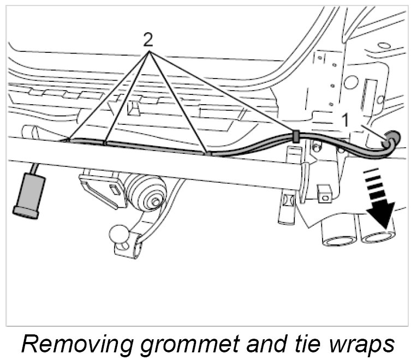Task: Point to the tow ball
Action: pyautogui.click(x=118, y=233)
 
